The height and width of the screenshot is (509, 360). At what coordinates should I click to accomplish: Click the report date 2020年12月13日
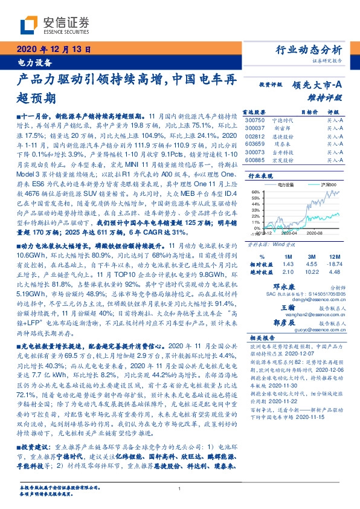pos(52,50)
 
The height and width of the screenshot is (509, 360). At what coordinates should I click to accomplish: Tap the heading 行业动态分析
pos(313,50)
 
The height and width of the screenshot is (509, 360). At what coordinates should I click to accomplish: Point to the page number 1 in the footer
pos(180,489)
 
